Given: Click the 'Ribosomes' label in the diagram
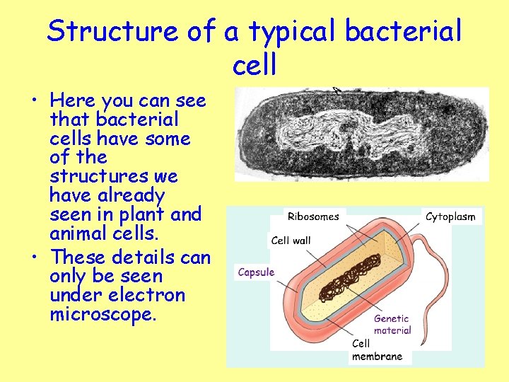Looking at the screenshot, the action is tap(313, 216).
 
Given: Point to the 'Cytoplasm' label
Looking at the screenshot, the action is tap(450, 216).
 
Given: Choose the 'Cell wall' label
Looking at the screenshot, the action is tap(291, 241).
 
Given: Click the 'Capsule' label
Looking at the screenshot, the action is tap(256, 272).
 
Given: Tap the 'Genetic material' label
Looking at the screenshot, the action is tap(392, 325).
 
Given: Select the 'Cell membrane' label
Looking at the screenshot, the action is tap(377, 349).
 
